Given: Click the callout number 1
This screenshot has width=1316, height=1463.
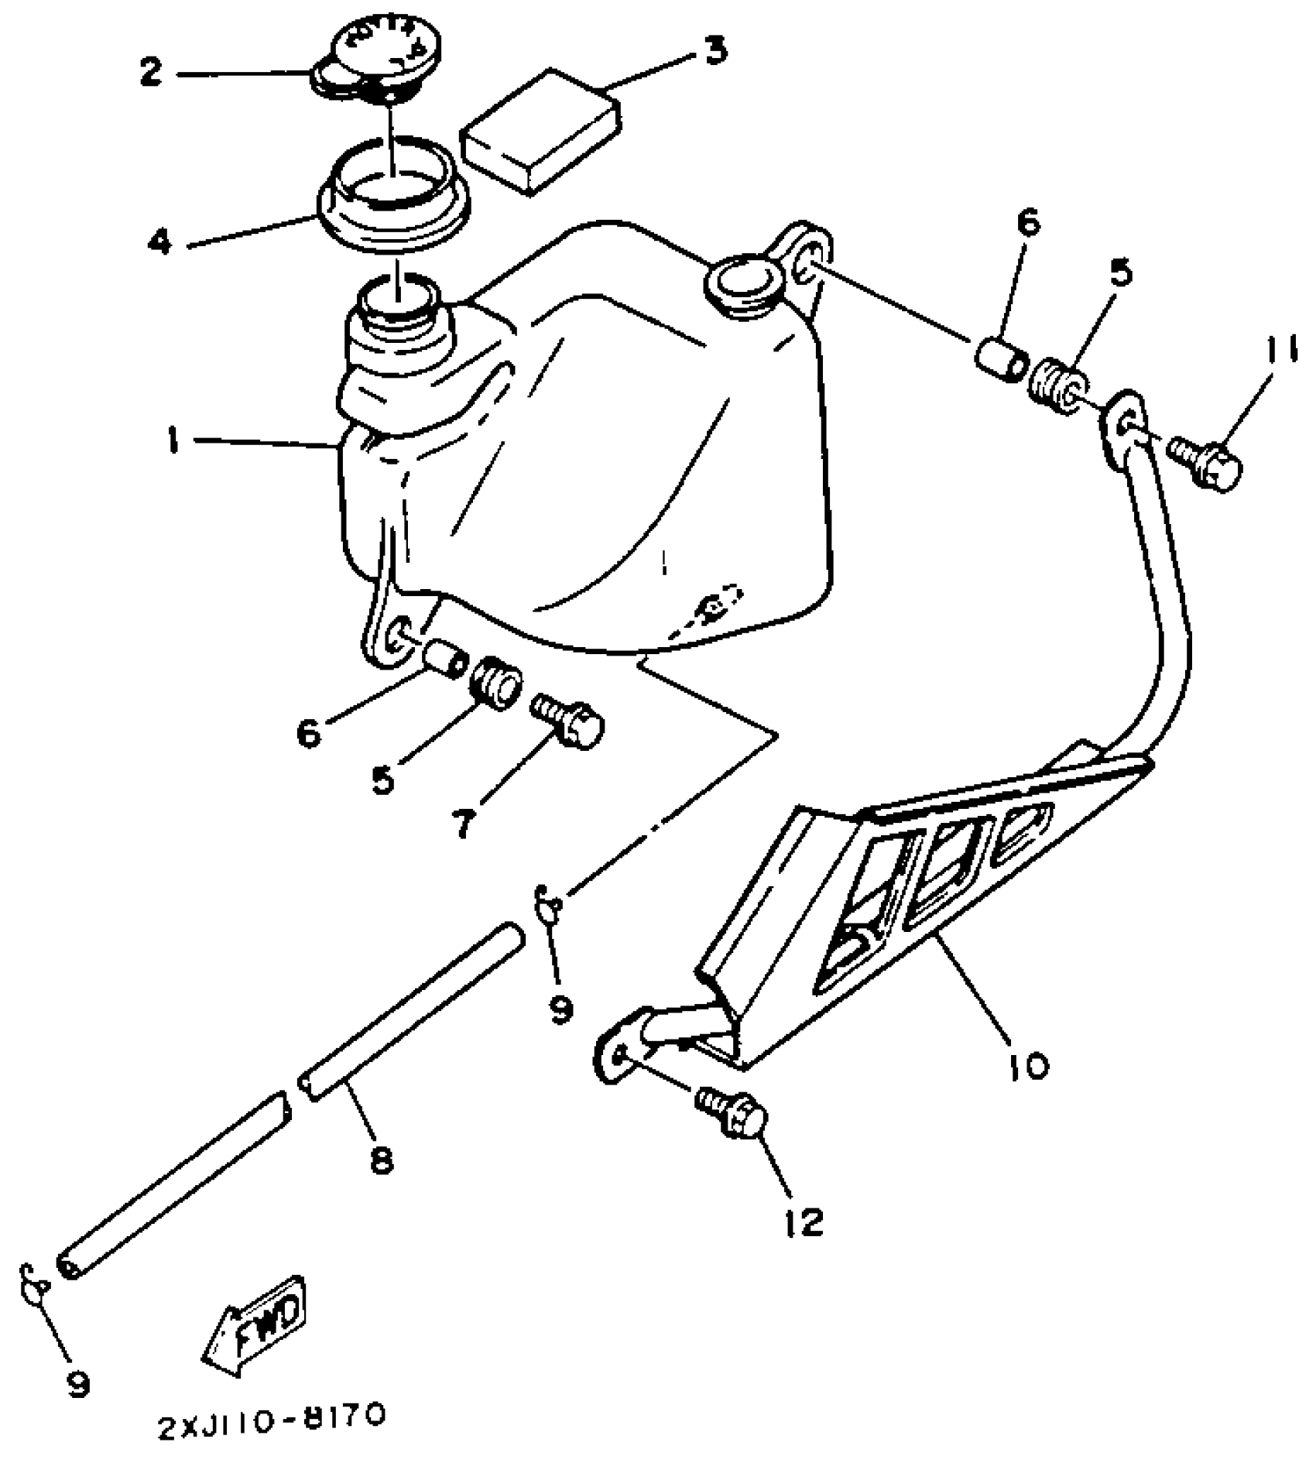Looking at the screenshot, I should point(173,442).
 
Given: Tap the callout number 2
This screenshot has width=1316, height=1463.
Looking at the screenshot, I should point(151,72).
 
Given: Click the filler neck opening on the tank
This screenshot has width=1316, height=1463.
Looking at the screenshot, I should point(397,302).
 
